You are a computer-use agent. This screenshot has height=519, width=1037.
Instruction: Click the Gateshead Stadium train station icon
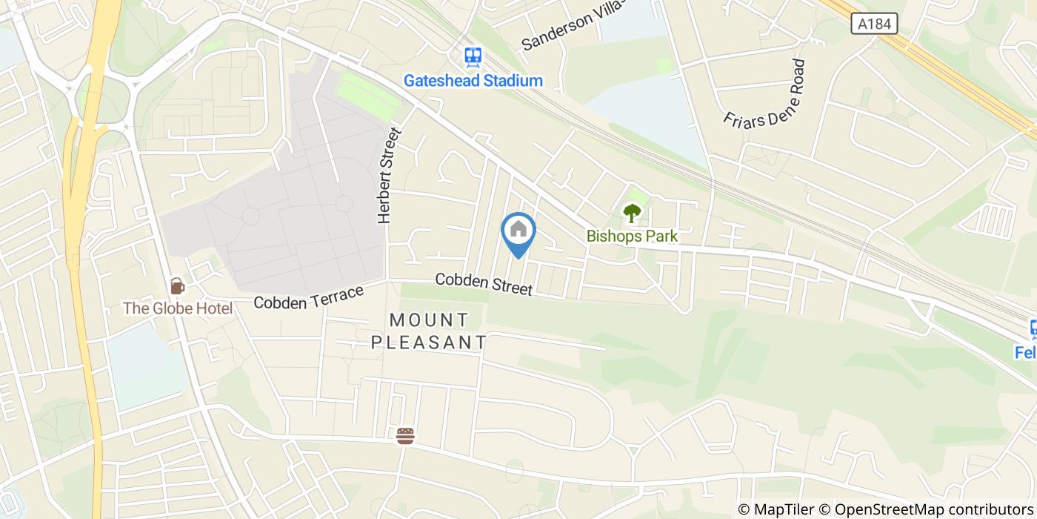[473, 56]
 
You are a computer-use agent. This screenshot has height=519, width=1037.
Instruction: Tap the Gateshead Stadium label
[473, 81]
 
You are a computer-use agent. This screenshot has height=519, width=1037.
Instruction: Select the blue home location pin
[518, 232]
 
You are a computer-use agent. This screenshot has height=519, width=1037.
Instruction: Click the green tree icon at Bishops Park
[631, 214]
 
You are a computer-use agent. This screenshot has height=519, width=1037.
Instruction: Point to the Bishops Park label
[632, 237]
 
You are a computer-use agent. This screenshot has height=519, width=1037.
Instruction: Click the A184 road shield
[874, 24]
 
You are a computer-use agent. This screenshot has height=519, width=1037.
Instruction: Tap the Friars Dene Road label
[765, 93]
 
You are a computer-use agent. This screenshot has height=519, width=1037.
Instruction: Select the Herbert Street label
[388, 176]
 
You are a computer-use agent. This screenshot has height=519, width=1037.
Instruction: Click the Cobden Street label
[484, 284]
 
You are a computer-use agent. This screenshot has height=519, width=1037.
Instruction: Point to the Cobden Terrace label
[309, 297]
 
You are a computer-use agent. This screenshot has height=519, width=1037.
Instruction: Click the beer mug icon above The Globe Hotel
[176, 285]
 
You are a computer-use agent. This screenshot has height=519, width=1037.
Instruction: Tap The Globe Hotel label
[178, 308]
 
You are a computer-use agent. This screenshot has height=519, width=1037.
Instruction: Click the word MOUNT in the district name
[429, 320]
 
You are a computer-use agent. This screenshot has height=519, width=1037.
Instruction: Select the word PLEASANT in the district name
[429, 343]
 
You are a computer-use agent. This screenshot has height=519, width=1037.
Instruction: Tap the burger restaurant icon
[404, 436]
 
